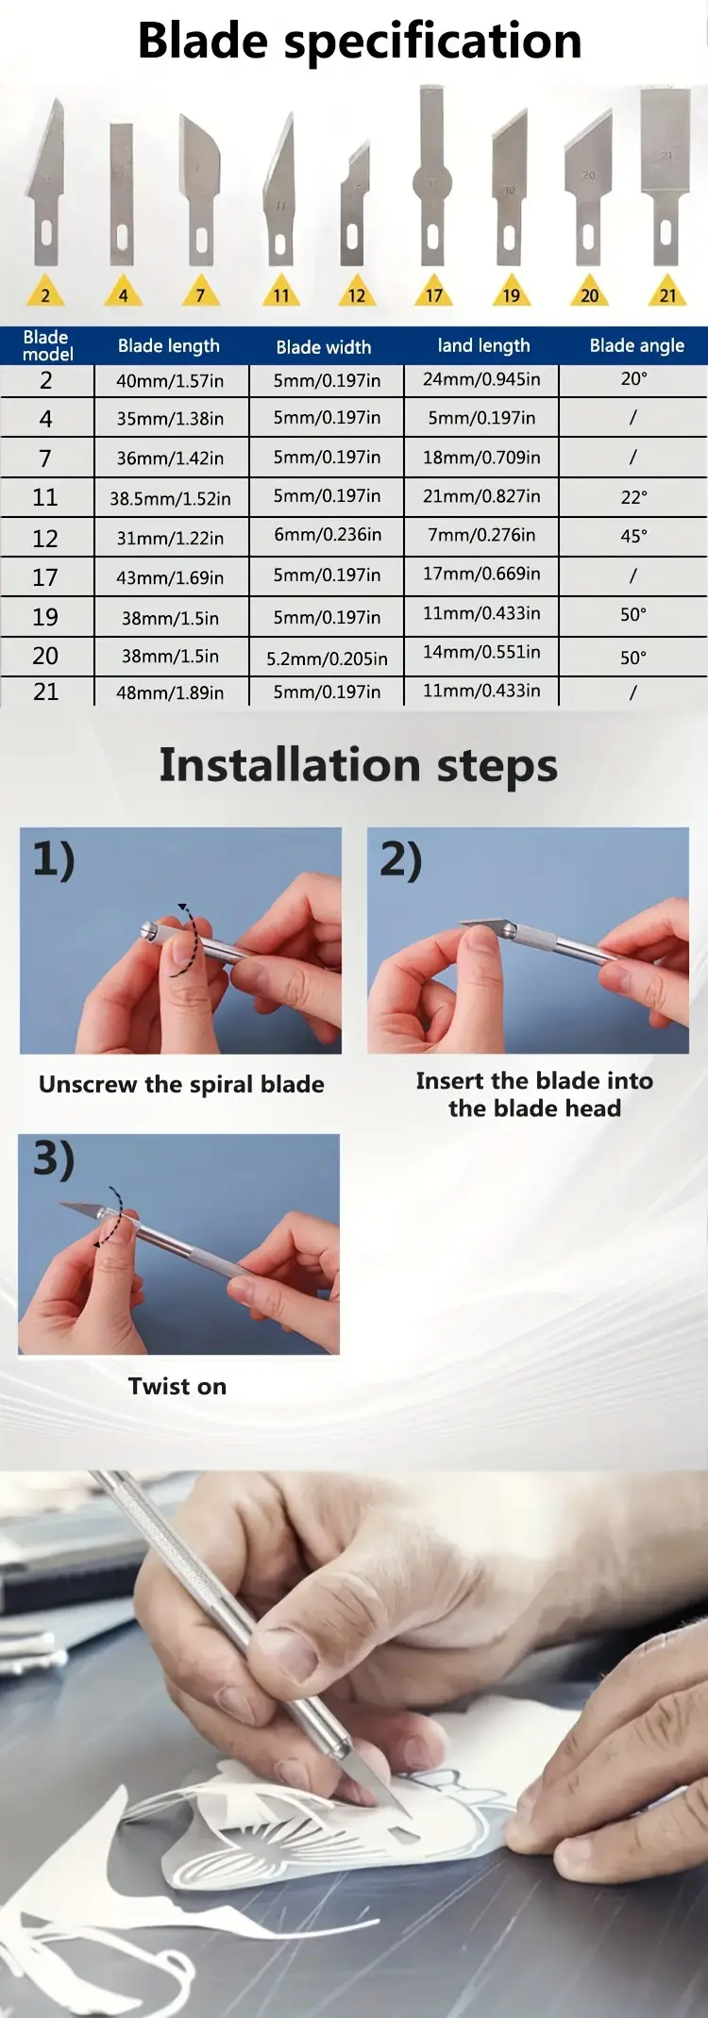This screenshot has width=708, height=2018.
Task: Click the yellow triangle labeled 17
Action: (433, 292)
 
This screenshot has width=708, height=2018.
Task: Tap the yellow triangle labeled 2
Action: (45, 292)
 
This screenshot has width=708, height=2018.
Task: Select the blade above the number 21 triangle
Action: (666, 176)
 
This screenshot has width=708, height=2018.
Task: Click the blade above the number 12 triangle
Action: (354, 205)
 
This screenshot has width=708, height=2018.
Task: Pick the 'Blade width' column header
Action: (324, 347)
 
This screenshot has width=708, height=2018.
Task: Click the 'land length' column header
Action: (483, 346)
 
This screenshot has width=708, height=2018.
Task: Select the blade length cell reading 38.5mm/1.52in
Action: (170, 498)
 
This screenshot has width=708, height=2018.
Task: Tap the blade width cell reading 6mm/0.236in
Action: (328, 535)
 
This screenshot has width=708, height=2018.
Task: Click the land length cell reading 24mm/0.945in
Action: (481, 379)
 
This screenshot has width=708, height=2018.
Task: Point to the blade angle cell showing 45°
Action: (633, 536)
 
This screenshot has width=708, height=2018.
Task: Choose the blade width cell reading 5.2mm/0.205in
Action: (327, 659)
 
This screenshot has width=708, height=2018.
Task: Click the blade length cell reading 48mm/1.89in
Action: (170, 692)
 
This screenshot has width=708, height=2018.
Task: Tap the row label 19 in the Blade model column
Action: (45, 617)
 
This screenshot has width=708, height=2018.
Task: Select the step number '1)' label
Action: (54, 860)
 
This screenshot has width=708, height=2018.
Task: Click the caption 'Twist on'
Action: (177, 1386)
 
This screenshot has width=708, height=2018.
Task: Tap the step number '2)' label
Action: (401, 860)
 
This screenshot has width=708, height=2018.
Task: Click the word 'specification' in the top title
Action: (433, 42)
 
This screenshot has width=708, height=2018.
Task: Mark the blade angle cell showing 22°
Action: (634, 497)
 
